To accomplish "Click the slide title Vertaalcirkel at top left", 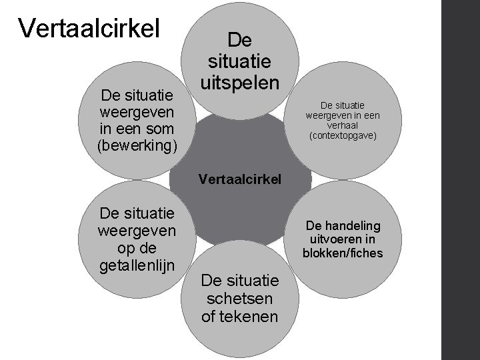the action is click(89, 28).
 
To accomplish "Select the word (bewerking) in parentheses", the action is click(137, 145).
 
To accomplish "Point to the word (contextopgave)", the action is click(343, 136).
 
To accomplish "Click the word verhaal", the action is click(343, 126).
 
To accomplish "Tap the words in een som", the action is click(137, 128).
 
